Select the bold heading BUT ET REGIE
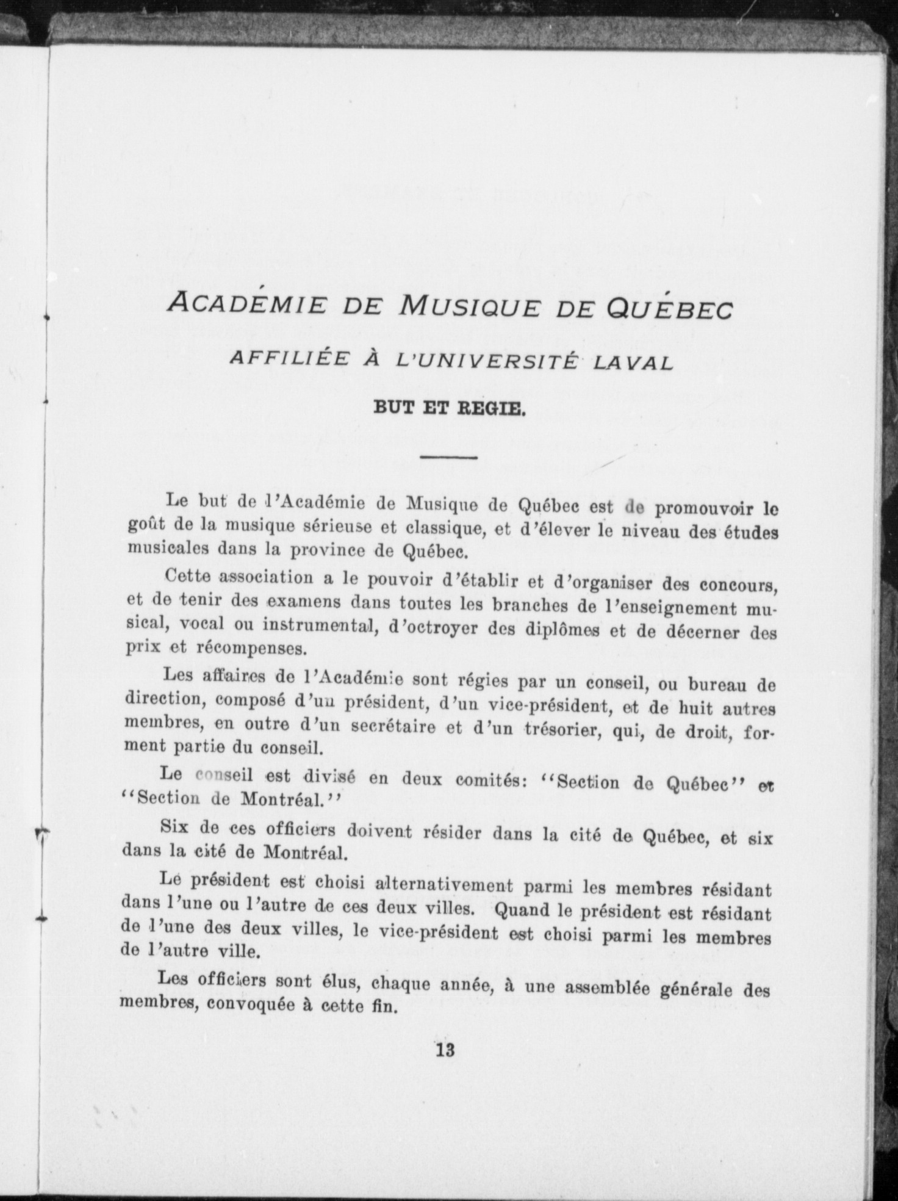pyautogui.click(x=449, y=408)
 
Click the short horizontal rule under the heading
pyautogui.click(x=449, y=456)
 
